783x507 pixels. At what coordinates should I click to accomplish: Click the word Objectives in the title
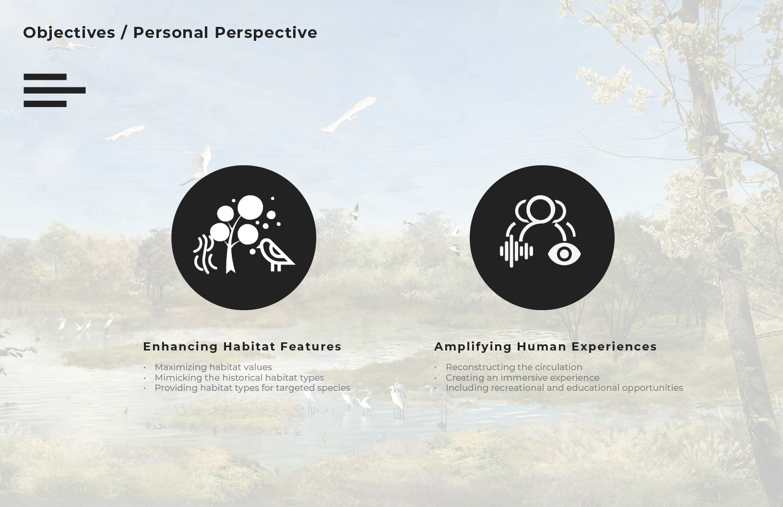pyautogui.click(x=69, y=33)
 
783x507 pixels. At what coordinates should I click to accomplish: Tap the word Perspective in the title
pyautogui.click(x=266, y=33)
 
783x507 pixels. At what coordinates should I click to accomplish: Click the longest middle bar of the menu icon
pyautogui.click(x=55, y=90)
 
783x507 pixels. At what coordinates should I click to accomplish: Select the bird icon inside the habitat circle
pyautogui.click(x=276, y=255)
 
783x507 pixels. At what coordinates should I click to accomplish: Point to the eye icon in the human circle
pyautogui.click(x=564, y=254)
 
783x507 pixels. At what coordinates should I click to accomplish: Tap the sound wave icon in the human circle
pyautogui.click(x=516, y=251)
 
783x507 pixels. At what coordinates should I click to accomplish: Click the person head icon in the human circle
pyautogui.click(x=540, y=209)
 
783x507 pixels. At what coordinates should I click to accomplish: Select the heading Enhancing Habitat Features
pyautogui.click(x=242, y=346)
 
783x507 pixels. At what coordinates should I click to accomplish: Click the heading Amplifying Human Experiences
pyautogui.click(x=546, y=346)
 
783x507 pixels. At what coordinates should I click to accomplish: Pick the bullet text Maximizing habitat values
pyautogui.click(x=213, y=367)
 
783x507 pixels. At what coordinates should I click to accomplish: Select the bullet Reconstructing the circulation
pyautogui.click(x=514, y=367)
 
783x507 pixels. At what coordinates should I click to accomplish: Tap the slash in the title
pyautogui.click(x=124, y=33)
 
